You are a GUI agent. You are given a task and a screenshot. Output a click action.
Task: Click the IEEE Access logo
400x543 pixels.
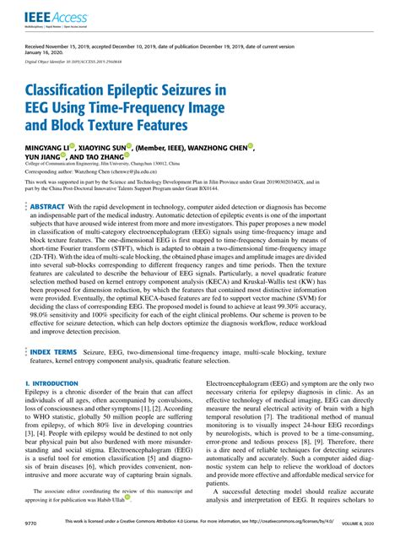point(48,16)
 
